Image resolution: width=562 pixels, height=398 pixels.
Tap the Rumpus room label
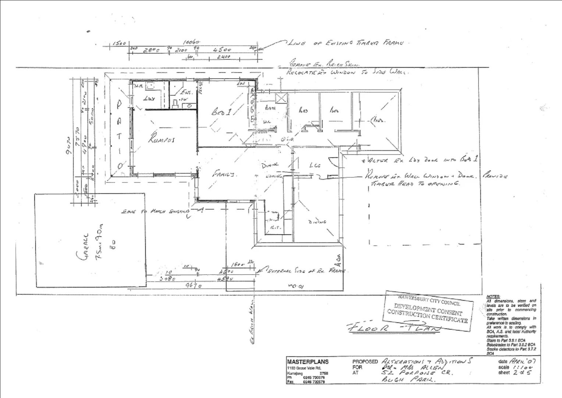[161, 139]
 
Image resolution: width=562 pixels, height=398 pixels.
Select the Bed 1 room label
[221, 112]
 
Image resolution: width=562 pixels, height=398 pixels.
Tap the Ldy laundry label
[149, 99]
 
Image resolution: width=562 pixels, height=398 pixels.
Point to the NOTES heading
[493, 296]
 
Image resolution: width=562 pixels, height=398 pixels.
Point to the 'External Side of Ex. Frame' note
[305, 271]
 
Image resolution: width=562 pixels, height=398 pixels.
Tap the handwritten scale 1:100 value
[522, 367]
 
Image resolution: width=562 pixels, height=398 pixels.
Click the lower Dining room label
[317, 222]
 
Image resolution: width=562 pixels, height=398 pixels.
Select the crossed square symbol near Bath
[281, 98]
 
